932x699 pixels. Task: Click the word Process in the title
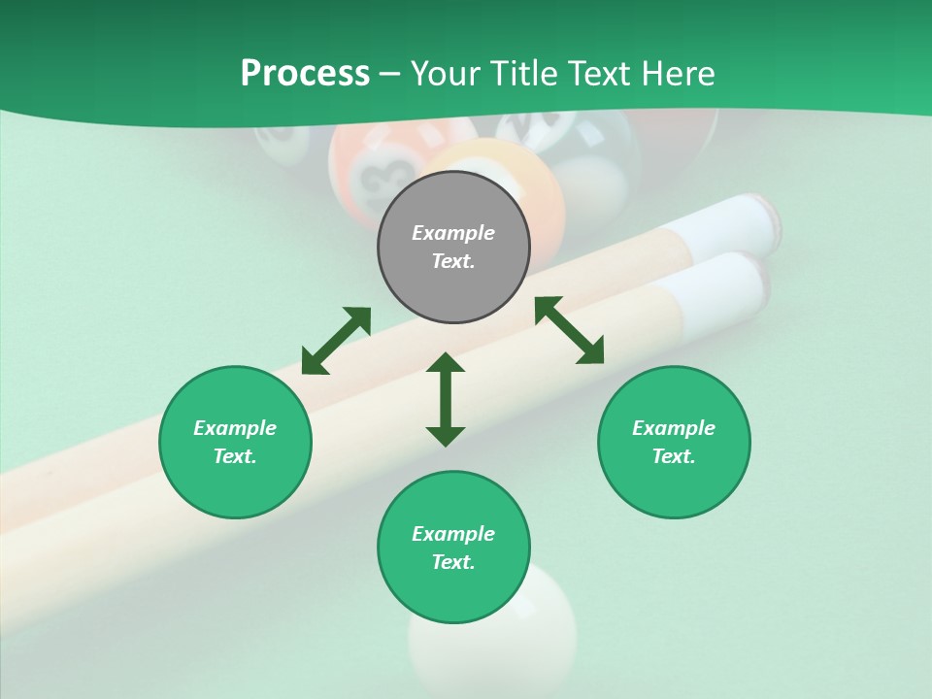click(305, 74)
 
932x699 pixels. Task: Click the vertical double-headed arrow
click(446, 399)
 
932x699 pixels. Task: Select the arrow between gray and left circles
click(336, 341)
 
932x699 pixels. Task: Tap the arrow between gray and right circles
click(569, 330)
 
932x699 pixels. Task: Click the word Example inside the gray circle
click(453, 233)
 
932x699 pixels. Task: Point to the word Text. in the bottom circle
click(453, 562)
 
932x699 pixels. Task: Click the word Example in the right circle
click(674, 428)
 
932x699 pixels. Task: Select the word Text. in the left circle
click(235, 456)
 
